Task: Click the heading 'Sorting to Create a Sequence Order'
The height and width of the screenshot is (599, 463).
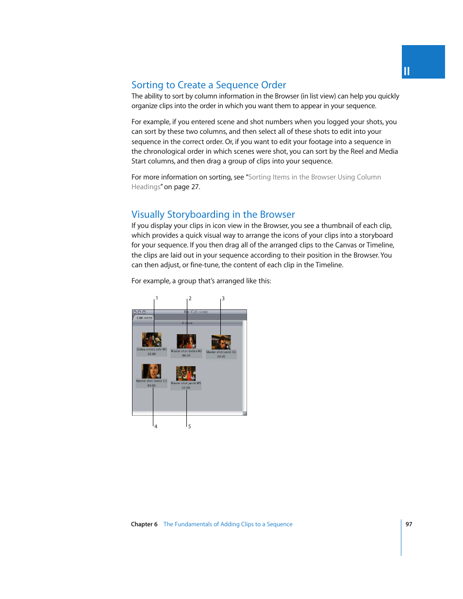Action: [x=209, y=85]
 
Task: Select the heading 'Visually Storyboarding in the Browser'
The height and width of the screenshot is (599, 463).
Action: [x=213, y=214]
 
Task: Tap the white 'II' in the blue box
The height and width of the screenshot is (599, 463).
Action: [x=407, y=71]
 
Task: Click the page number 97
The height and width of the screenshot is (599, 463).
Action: [x=409, y=524]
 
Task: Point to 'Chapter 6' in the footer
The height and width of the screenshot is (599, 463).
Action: [x=144, y=524]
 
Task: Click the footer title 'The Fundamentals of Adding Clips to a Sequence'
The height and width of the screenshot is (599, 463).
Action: [x=228, y=524]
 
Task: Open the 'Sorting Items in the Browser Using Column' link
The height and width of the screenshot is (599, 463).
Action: [x=314, y=177]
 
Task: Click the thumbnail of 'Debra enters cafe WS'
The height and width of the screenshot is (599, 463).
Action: [x=151, y=340]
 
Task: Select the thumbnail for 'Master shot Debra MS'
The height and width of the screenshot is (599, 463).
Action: [x=186, y=341]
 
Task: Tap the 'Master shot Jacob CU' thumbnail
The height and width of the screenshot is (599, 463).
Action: [x=221, y=342]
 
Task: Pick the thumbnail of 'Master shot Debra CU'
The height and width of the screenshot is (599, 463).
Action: [x=151, y=371]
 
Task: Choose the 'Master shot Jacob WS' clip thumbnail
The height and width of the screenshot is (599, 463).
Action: [x=186, y=373]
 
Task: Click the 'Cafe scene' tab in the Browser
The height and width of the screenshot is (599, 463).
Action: [x=144, y=318]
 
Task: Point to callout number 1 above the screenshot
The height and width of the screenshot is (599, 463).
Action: [x=157, y=298]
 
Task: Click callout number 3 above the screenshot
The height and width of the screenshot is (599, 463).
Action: [x=223, y=298]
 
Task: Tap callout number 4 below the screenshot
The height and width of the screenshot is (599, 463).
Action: [x=156, y=426]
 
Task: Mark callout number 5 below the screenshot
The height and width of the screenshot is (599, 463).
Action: [x=190, y=426]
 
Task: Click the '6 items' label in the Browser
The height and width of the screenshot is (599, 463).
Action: [x=187, y=323]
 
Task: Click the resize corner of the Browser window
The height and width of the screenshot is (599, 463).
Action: [x=245, y=413]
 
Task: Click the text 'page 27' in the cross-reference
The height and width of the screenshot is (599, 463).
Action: [x=187, y=187]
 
